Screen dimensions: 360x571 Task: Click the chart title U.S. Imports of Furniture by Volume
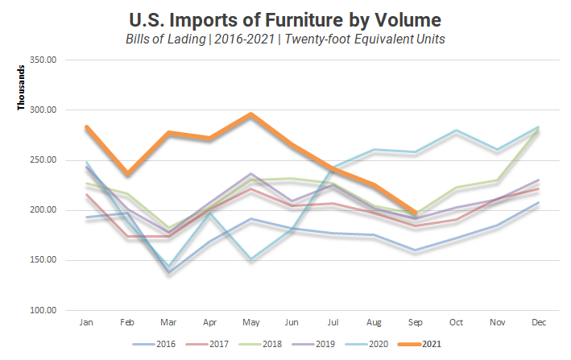coord(284,19)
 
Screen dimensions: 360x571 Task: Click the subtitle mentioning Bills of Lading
coord(284,39)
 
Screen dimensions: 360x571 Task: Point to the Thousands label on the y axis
coord(22,86)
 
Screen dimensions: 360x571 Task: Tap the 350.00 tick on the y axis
coord(40,60)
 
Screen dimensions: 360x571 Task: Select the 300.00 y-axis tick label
coord(40,110)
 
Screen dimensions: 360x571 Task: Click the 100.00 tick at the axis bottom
coord(40,310)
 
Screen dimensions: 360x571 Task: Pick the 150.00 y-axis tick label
coord(40,260)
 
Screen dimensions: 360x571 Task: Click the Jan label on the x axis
coord(85,322)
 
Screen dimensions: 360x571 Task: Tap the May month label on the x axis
coord(250,322)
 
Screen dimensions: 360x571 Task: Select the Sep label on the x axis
coord(415,322)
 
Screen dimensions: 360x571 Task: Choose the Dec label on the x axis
coord(538,322)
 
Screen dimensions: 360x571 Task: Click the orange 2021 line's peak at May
coord(250,114)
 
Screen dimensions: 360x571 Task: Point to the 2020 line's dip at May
coord(250,259)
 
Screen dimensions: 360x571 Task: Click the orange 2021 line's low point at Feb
coord(126,174)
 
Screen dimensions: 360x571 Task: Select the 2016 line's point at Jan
coord(85,217)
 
